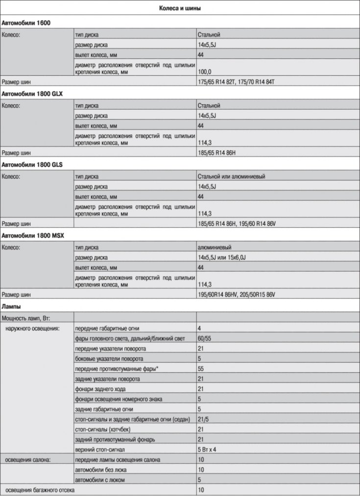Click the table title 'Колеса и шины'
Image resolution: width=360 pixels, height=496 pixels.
click(x=180, y=9)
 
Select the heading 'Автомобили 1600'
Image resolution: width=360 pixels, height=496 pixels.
click(x=26, y=23)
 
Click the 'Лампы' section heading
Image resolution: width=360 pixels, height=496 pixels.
click(x=11, y=307)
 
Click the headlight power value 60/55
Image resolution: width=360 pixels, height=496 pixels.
click(x=205, y=338)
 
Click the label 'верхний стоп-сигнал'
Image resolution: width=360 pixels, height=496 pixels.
click(x=100, y=449)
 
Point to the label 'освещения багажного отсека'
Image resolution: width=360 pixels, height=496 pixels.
click(x=41, y=490)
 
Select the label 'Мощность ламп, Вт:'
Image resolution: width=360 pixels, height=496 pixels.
click(x=27, y=318)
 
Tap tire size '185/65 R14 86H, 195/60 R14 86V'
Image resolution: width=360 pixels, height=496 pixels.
click(x=238, y=224)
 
